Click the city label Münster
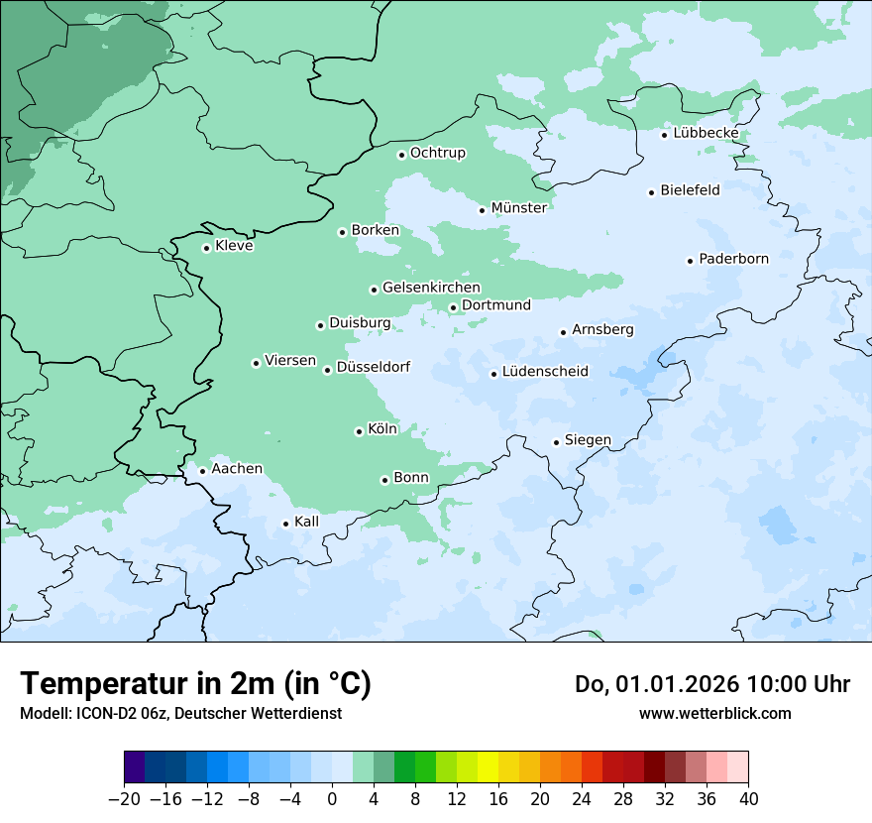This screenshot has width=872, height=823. point(518,208)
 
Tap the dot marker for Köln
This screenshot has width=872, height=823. point(359,431)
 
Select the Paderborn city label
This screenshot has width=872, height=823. point(733,260)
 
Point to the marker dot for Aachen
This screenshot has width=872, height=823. point(202,471)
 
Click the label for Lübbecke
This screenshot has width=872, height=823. point(706,134)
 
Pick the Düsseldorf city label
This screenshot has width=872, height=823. point(373,368)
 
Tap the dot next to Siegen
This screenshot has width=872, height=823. point(556,442)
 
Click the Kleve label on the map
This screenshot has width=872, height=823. point(234,246)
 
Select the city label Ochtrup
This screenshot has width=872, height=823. point(437,154)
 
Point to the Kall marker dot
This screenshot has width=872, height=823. point(286,524)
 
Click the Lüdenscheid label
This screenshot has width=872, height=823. point(545,373)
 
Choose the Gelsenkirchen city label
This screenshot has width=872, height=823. point(431,288)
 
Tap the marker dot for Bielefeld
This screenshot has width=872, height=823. point(652,192)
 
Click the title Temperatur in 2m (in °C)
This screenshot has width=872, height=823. point(195,683)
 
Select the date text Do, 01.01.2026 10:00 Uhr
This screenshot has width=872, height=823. point(711,684)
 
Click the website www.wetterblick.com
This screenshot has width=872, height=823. point(714,713)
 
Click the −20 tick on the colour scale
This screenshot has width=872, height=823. point(124,799)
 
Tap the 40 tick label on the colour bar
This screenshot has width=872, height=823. point(748,799)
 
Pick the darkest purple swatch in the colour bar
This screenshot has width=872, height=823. point(135,767)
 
